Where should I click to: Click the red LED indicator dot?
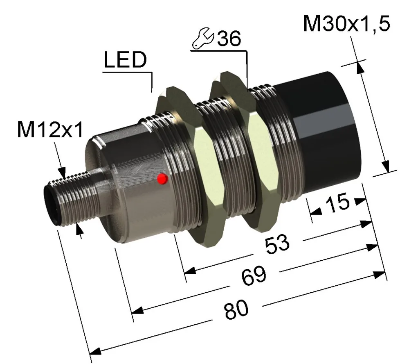162,179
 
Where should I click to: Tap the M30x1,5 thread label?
346,24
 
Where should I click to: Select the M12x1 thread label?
50,130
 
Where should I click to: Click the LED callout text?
126,59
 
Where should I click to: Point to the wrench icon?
203,38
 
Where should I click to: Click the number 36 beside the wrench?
229,39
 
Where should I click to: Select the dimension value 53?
277,244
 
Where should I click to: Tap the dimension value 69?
254,276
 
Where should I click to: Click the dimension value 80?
236,309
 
